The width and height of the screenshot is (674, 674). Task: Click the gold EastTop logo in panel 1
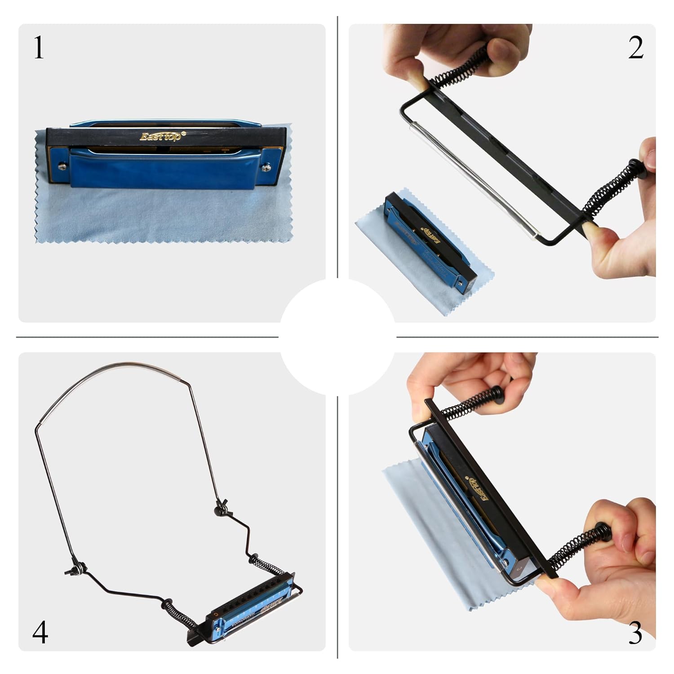(160, 136)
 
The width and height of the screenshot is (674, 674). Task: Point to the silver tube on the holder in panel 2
(472, 180)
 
